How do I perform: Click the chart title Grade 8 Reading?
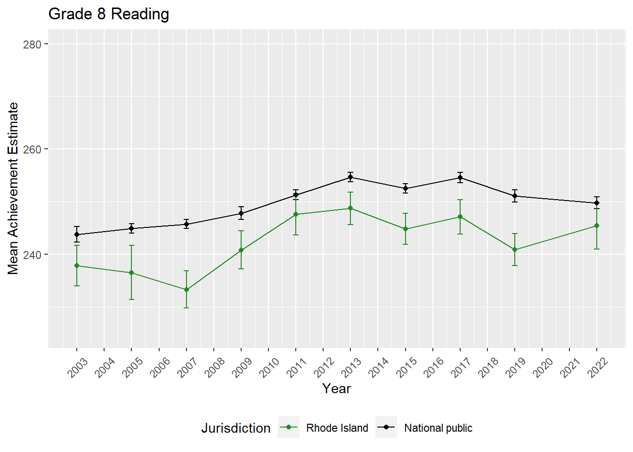point(108,14)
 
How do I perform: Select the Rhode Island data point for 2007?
point(187,290)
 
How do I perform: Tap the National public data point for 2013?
point(350,177)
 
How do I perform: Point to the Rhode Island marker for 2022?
point(597,226)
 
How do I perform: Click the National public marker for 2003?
point(77,234)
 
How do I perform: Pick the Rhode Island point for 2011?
point(296,214)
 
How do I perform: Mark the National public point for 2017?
point(460,178)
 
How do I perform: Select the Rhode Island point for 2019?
point(515,250)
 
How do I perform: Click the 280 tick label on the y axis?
point(32,44)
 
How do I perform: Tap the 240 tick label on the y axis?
point(32,254)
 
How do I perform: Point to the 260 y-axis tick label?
point(32,149)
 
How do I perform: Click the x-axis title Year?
point(336,388)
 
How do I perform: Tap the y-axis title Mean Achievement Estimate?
point(13,188)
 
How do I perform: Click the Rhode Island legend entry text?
point(337,428)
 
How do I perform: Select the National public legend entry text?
point(438,428)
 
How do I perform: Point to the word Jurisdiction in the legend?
point(235,428)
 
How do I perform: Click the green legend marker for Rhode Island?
point(288,427)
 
